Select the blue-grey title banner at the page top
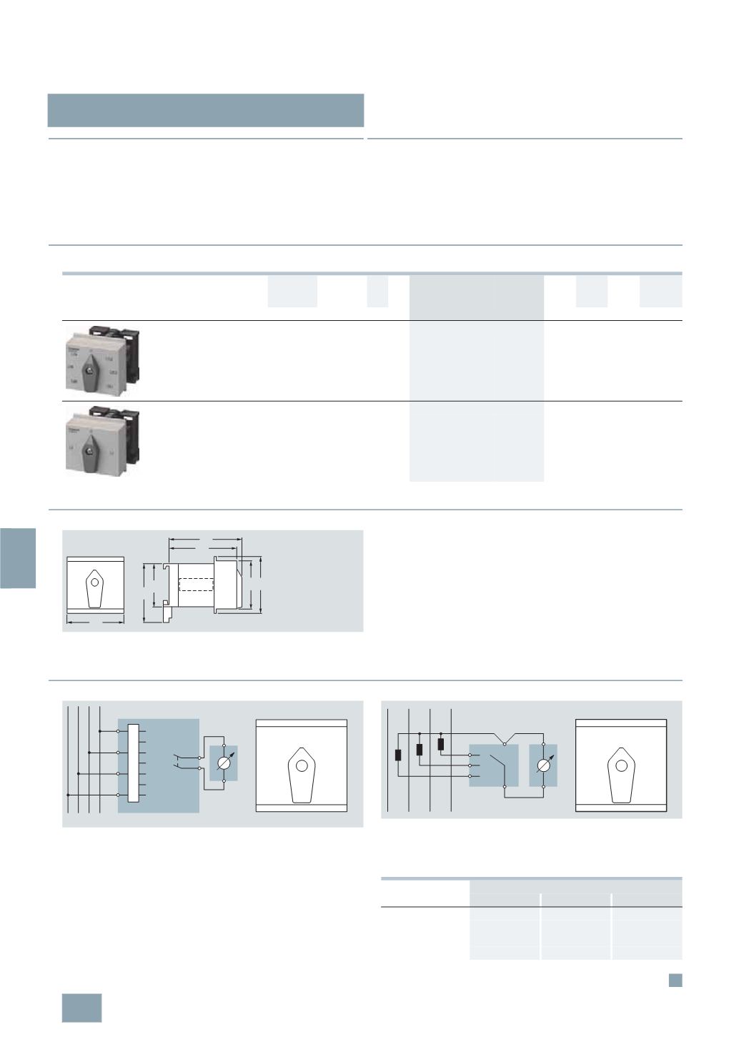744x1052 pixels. pos(206,109)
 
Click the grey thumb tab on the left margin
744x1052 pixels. pos(18,557)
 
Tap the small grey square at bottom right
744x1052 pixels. pos(675,981)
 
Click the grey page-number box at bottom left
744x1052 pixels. pos(81,1008)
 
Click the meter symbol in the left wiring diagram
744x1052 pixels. pos(224,765)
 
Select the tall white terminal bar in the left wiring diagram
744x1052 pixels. pos(132,763)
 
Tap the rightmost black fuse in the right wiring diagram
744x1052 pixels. pos(440,744)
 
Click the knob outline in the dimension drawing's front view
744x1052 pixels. pos(94,588)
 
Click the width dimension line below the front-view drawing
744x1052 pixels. pos(94,622)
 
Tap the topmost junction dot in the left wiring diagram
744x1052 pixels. pos(99,731)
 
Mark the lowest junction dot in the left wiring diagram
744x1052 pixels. pos(67,794)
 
